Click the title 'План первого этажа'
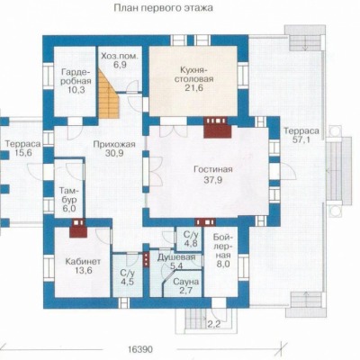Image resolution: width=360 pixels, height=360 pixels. click(x=164, y=7)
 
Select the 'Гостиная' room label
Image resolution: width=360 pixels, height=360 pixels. click(x=213, y=169)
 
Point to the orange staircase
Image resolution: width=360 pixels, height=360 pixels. click(x=109, y=94)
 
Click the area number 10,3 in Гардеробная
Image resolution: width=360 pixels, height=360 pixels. click(x=76, y=89)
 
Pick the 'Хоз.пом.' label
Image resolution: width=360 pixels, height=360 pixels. click(x=120, y=56)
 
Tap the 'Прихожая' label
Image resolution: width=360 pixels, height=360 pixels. click(x=114, y=144)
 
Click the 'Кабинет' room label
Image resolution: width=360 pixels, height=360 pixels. click(x=83, y=261)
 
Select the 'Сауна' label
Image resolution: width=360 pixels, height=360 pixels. click(x=186, y=282)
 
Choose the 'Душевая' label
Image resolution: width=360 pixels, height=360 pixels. click(x=176, y=257)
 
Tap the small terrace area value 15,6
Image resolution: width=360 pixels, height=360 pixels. click(x=22, y=153)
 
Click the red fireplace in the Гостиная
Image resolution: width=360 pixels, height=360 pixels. click(x=218, y=127)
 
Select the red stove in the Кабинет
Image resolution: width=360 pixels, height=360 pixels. click(x=78, y=228)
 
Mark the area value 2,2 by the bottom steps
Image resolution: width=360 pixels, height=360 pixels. click(x=214, y=324)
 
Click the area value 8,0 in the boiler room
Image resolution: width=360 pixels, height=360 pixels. click(x=222, y=265)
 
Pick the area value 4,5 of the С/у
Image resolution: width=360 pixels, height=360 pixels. click(x=127, y=282)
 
